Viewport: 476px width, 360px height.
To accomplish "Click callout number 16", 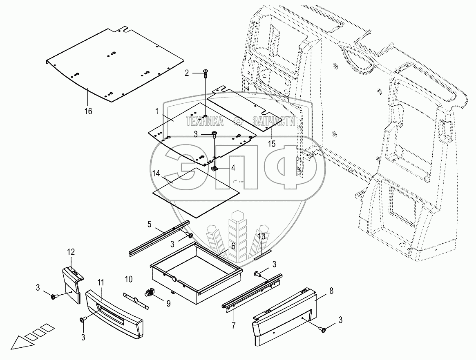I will click(88, 111).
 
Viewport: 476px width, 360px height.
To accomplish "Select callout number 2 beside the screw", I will click(187, 73).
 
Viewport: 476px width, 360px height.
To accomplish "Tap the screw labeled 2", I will click(205, 73).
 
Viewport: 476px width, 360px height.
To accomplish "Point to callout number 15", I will click(272, 144).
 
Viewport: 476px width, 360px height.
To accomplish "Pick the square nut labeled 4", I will click(214, 168).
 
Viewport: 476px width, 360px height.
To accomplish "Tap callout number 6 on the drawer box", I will click(233, 246).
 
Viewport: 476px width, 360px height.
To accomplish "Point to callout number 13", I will click(261, 236).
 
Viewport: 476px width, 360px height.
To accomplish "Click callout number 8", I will click(331, 291).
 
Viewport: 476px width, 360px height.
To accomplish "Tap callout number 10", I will click(129, 280).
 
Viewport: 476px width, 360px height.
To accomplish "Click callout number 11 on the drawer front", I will click(101, 282).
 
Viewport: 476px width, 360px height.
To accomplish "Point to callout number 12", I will click(71, 252).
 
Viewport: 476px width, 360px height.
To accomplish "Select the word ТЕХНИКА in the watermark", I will click(205, 121).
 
